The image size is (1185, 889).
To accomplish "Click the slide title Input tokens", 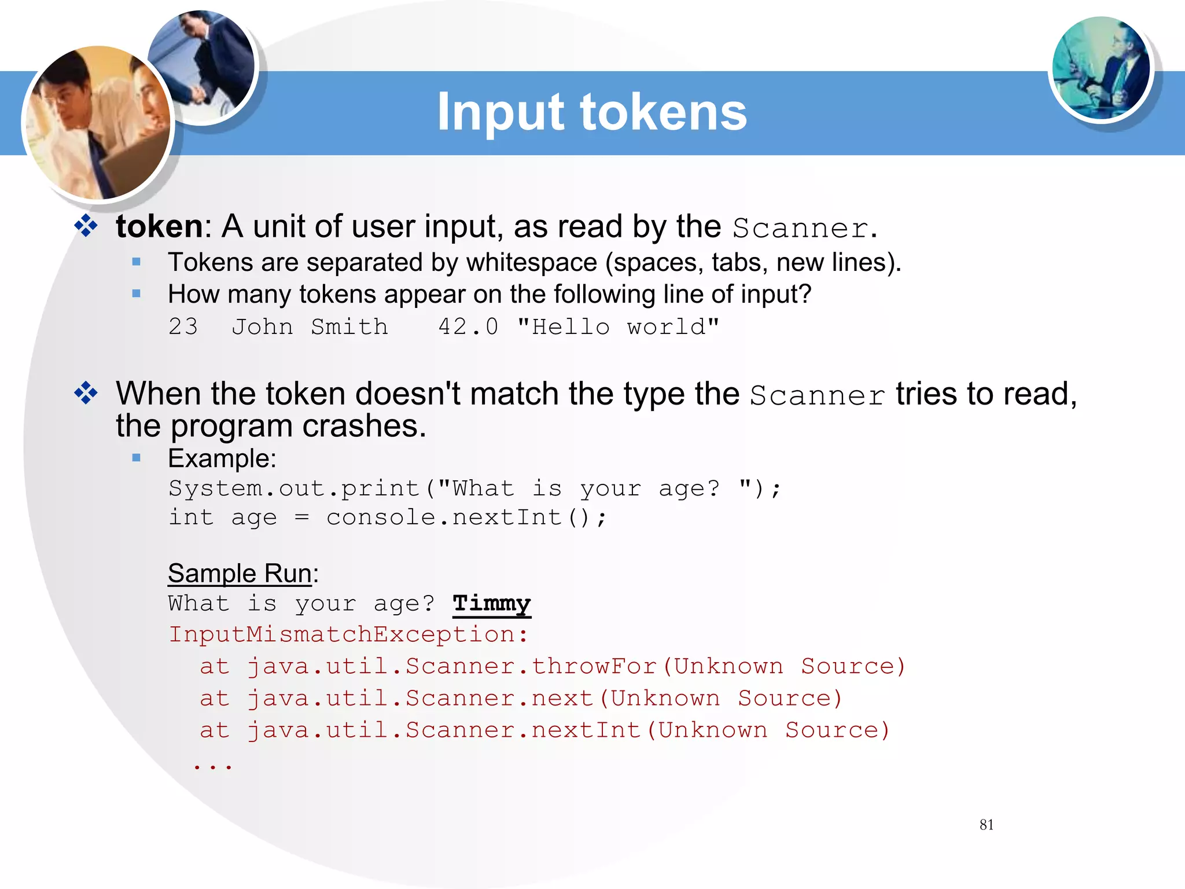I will click(591, 112).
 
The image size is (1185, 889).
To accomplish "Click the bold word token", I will click(159, 226).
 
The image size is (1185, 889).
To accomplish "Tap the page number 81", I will click(987, 825).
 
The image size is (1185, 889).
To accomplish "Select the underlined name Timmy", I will click(491, 604).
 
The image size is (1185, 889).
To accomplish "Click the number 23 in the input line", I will click(183, 327).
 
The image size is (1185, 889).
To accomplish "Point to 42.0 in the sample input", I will click(468, 327).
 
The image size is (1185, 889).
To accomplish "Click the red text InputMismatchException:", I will click(348, 634).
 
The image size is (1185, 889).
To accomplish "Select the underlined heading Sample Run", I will click(240, 574).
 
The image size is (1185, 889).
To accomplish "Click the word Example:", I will click(222, 458).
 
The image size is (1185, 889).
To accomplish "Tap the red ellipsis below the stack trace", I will click(213, 766).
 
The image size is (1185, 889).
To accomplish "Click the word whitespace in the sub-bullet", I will click(531, 263).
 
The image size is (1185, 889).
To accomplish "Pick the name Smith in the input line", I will click(349, 327).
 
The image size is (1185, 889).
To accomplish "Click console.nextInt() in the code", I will click(466, 517).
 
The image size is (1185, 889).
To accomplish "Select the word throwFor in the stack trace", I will click(594, 666).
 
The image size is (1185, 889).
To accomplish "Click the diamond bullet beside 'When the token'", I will click(86, 394).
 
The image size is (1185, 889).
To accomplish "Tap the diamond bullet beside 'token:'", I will click(86, 226).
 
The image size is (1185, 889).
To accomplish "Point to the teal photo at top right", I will click(1101, 68).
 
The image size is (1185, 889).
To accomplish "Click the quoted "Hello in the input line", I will click(563, 327).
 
